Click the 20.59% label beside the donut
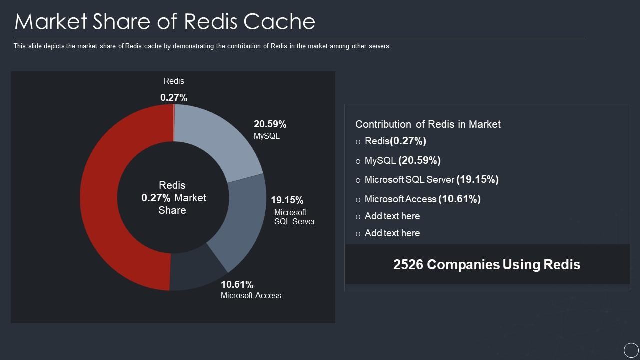click(x=270, y=124)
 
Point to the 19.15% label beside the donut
click(x=287, y=200)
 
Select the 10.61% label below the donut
click(x=237, y=284)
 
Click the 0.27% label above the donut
click(x=174, y=98)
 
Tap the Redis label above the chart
click(x=174, y=81)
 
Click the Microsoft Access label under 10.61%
click(x=251, y=295)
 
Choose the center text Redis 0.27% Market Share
click(x=173, y=198)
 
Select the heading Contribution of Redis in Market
click(x=428, y=124)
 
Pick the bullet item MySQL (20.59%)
click(x=402, y=160)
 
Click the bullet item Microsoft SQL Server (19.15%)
click(x=431, y=179)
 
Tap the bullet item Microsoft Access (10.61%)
click(x=422, y=199)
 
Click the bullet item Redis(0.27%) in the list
click(x=395, y=141)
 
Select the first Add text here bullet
click(x=392, y=216)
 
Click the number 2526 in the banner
click(x=408, y=264)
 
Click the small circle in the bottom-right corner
click(x=631, y=350)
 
